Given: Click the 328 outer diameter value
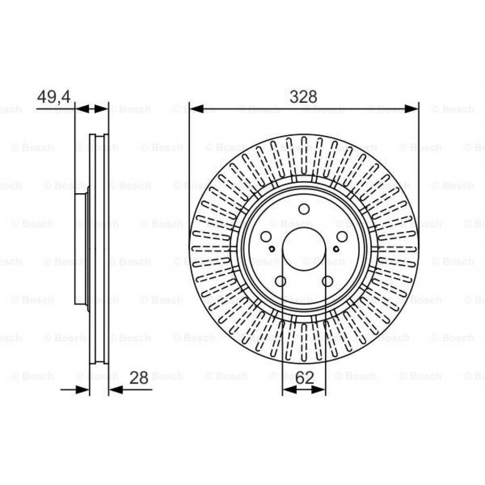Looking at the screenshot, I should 303,97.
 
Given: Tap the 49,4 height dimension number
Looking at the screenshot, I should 54,97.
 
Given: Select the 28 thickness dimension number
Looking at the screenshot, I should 139,378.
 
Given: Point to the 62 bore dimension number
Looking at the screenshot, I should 304,378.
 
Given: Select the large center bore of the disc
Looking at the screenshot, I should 304,249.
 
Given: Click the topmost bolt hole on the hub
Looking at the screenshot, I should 304,209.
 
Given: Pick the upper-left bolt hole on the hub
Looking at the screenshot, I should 266,236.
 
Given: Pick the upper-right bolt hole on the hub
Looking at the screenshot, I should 341,236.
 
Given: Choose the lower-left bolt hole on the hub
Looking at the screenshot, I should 280,281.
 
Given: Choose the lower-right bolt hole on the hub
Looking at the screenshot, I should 327,281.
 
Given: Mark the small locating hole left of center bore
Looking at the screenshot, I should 272,249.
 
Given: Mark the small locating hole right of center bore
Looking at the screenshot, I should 336,249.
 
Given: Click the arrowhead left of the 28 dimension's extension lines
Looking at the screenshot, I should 83,389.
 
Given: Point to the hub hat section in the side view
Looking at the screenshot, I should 81,249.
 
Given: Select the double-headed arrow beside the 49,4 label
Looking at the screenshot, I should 91,109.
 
